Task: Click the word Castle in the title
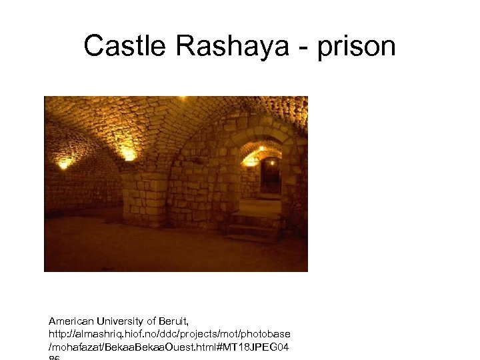124,46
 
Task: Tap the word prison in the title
361,46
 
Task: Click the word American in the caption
73,321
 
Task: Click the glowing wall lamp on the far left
63,163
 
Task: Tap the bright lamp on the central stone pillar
129,155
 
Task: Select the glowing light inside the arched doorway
252,161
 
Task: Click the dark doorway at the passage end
270,176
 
